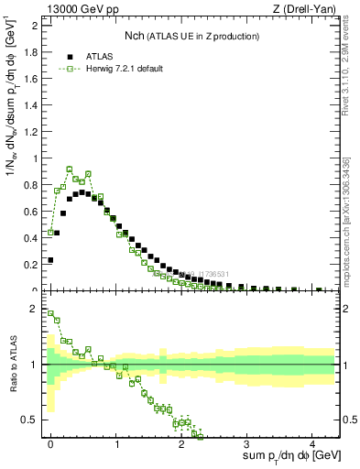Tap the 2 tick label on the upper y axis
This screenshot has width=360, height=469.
(35, 25)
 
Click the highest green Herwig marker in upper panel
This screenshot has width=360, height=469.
(70, 169)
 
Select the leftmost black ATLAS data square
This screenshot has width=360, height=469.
(50, 260)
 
